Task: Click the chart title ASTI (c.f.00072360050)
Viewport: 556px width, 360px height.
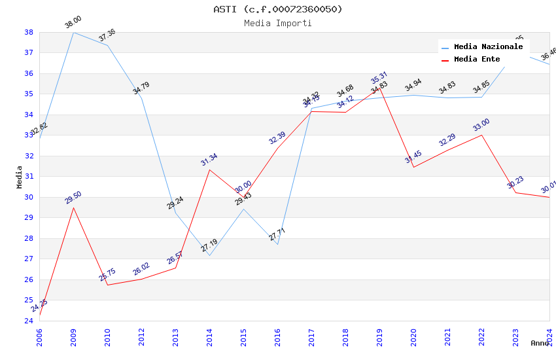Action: (278, 9)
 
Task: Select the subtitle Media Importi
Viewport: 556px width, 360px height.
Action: (278, 24)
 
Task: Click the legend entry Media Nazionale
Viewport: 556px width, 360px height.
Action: (488, 47)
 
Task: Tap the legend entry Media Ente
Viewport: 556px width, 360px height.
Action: (477, 60)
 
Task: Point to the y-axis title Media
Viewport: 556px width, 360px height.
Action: (20, 177)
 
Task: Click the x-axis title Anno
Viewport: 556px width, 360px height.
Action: (540, 343)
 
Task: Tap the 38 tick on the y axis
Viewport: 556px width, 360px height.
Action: (29, 32)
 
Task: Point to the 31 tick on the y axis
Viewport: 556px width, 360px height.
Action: (29, 177)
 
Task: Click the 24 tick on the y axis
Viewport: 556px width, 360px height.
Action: (29, 321)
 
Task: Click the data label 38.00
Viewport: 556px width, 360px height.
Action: (73, 22)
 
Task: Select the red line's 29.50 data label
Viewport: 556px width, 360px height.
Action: (73, 198)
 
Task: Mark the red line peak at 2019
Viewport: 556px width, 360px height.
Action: (379, 87)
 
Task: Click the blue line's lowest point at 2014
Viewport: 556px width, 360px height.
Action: (209, 255)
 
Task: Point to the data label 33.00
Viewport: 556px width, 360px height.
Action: (481, 125)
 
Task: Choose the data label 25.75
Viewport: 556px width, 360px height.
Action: (107, 275)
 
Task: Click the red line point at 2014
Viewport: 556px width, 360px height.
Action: (209, 170)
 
